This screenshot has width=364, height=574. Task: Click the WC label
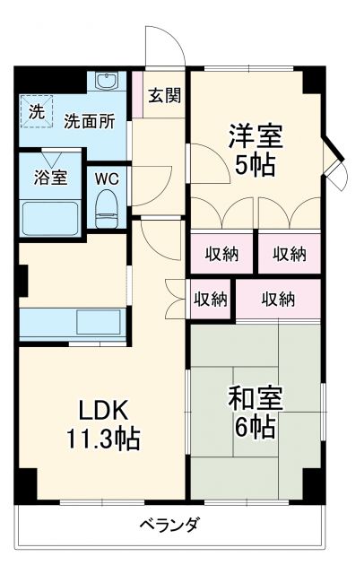(108, 177)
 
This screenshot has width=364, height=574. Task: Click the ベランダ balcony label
(169, 525)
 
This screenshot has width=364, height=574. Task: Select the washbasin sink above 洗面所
(108, 81)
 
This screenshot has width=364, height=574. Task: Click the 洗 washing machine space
(36, 112)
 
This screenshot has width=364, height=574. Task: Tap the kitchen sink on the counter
(93, 320)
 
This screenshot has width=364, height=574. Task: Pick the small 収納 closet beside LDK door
(211, 299)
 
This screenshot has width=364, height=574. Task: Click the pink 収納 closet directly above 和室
(278, 299)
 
